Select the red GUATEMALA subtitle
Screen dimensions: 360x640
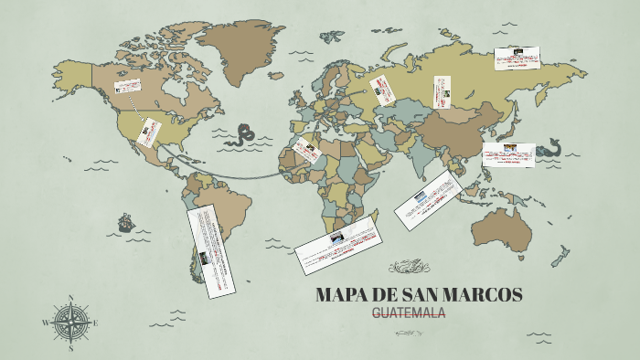tap(409, 313)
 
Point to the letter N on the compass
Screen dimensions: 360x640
tap(71, 297)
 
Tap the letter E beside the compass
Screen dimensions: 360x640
tap(95, 323)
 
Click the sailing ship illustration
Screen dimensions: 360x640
tap(125, 222)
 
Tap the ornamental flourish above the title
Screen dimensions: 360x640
tap(409, 267)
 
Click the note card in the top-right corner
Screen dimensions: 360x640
tap(517, 58)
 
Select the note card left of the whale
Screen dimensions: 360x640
tap(508, 155)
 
